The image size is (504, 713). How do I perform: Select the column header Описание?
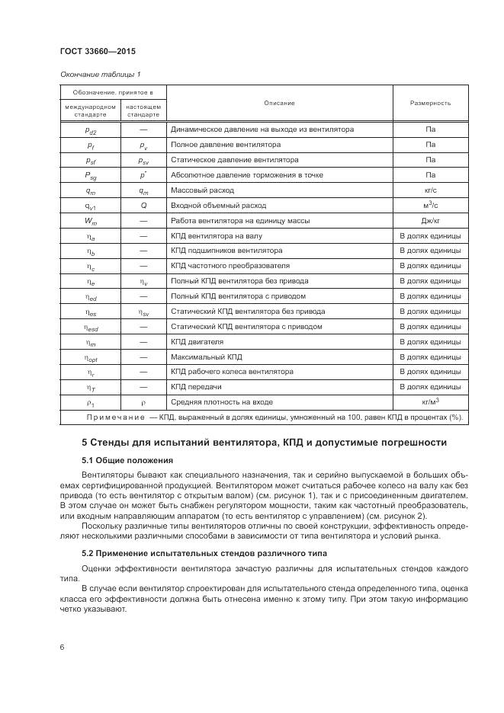coord(279,103)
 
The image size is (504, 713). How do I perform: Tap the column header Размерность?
coord(430,103)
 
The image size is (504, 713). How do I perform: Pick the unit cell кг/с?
coord(430,190)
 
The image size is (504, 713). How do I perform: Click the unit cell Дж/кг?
coord(430,221)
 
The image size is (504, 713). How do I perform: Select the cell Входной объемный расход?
coord(219,206)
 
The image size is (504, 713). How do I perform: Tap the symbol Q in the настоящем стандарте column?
coord(143,206)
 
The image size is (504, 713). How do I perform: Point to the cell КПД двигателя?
coord(197,342)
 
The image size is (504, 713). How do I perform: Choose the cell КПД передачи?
coord(197,387)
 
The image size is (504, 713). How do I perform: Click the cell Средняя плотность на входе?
coord(221,402)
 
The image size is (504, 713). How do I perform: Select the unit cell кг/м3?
coord(430,401)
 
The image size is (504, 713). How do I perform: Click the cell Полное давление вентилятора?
coord(226,145)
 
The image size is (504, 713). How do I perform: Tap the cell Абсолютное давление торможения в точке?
coord(247,175)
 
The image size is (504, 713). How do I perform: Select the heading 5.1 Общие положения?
coord(127,460)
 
